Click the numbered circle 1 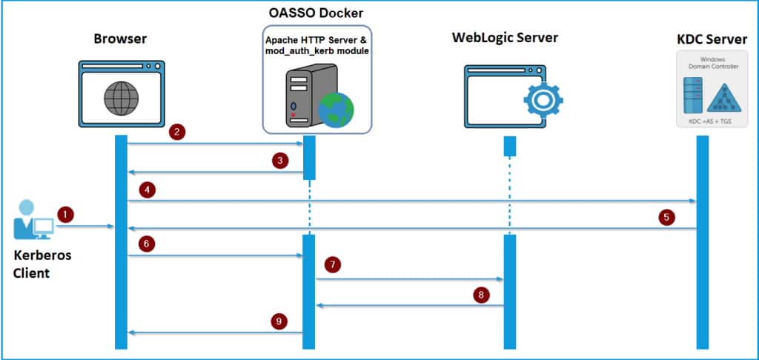pos(67,215)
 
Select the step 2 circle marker pos(176,133)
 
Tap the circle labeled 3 pos(279,161)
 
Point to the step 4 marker pos(149,190)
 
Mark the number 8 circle pos(481,296)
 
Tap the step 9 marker pos(279,321)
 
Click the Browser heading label pos(121,38)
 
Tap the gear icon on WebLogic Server pos(543,99)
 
